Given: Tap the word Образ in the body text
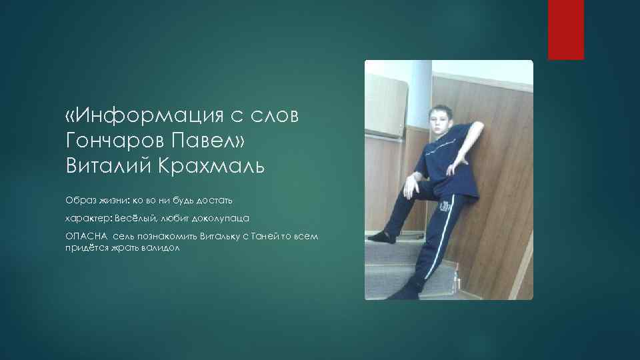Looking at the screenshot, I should [x=80, y=200].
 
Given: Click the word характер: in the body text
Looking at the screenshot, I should [x=89, y=218].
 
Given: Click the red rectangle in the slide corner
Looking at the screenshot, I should [x=565, y=30].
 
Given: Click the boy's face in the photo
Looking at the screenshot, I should [x=437, y=124].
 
